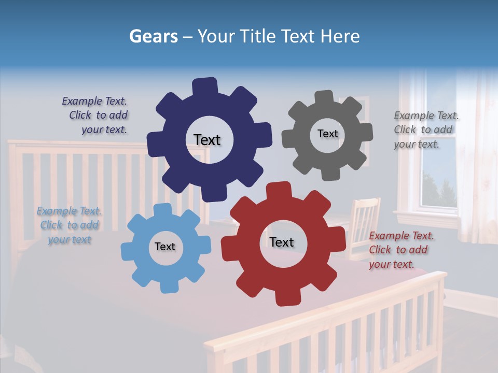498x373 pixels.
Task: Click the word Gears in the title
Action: point(153,36)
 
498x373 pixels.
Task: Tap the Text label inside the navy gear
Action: point(207,140)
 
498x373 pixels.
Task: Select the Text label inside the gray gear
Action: point(327,134)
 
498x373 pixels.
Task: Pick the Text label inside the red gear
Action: point(282,242)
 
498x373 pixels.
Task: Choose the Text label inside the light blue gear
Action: point(165,247)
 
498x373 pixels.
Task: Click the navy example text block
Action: point(95,116)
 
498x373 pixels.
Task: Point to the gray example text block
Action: point(425,130)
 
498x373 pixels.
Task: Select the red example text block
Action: point(400,250)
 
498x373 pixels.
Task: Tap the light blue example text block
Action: point(70,225)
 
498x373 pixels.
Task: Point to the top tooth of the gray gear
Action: point(324,97)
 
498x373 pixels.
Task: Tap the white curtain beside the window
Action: point(477,155)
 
